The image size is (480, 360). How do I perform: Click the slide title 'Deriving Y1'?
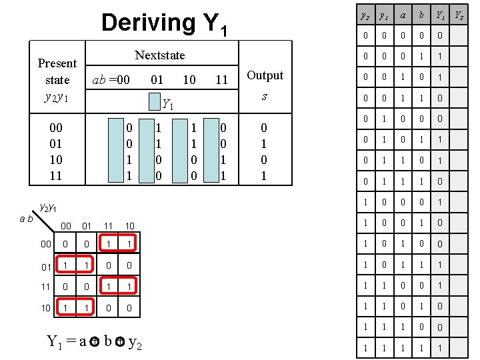click(164, 23)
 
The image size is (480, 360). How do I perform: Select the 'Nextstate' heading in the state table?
click(160, 55)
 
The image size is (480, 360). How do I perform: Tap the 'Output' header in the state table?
click(265, 75)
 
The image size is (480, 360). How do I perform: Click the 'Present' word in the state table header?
click(57, 63)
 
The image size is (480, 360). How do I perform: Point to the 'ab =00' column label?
click(111, 80)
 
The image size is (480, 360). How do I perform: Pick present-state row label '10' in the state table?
click(56, 160)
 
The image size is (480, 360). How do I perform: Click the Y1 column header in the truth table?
click(441, 14)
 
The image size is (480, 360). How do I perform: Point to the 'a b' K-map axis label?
click(26, 218)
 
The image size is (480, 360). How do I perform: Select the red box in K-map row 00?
click(117, 244)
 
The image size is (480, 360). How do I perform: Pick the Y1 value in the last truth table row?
click(441, 349)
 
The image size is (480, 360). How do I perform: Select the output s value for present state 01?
click(265, 143)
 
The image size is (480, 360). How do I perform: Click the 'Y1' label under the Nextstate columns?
click(169, 104)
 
